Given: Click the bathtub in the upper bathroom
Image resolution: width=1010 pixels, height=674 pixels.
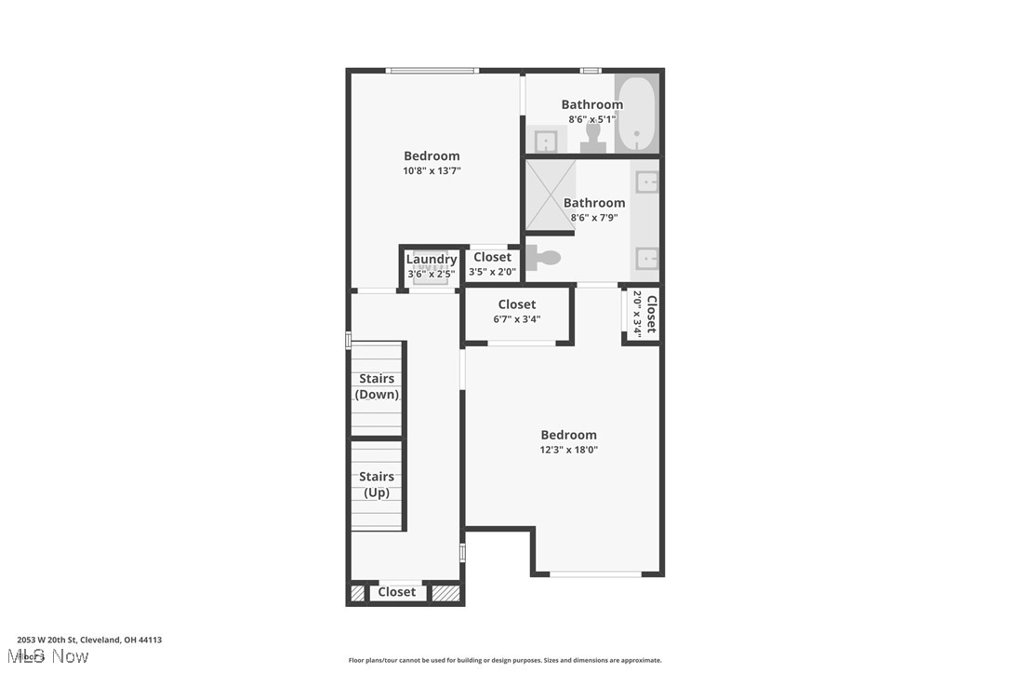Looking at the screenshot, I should pyautogui.click(x=636, y=114).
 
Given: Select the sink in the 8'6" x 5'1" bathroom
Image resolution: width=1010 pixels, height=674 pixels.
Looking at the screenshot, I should pyautogui.click(x=546, y=142).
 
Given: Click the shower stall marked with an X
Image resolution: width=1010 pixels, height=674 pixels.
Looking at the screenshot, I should pyautogui.click(x=551, y=195).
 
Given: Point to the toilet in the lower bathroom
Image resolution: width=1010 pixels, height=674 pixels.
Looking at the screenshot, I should pyautogui.click(x=544, y=258).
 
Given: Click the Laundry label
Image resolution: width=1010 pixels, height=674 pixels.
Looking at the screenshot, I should pyautogui.click(x=432, y=260).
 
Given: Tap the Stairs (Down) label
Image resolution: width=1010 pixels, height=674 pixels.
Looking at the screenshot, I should pyautogui.click(x=377, y=386).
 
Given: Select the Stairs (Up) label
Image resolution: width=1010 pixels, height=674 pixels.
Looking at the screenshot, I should pyautogui.click(x=377, y=484).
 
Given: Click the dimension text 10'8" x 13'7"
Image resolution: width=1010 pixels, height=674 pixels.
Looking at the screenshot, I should pyautogui.click(x=432, y=171).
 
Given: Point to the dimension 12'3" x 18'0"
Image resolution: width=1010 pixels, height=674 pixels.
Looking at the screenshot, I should pyautogui.click(x=569, y=450).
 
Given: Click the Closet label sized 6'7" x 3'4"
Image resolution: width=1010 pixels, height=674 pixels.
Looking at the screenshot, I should pyautogui.click(x=517, y=304).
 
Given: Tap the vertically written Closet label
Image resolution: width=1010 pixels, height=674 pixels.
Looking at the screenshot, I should pyautogui.click(x=651, y=314).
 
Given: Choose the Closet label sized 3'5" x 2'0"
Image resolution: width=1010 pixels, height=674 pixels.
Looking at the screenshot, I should pyautogui.click(x=492, y=257).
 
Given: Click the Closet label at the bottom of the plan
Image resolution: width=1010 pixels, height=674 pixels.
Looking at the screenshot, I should pyautogui.click(x=397, y=592).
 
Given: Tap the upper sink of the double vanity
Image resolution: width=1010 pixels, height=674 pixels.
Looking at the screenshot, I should pyautogui.click(x=646, y=182).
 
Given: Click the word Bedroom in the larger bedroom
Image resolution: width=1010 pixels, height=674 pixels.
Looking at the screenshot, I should pyautogui.click(x=569, y=435).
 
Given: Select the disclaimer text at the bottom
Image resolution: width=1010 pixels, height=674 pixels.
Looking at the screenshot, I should pyautogui.click(x=505, y=660).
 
